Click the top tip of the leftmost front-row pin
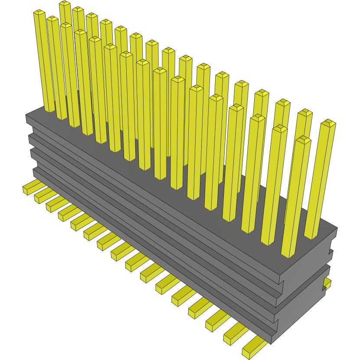(39, 13)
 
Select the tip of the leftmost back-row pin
(65, 4)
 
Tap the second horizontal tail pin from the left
(42, 196)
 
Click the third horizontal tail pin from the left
(54, 203)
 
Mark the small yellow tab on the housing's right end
(326, 284)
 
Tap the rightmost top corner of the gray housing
(337, 228)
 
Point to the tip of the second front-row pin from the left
(52, 20)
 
